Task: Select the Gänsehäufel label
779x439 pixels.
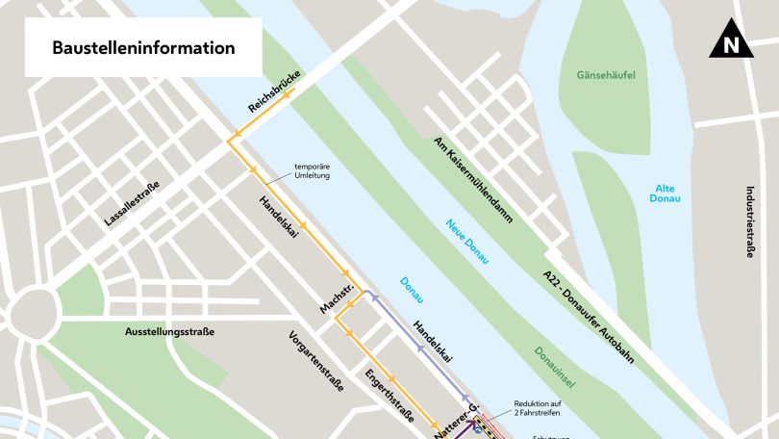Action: coord(607,75)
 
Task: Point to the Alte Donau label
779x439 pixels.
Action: coord(666,194)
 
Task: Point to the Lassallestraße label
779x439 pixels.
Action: coord(135,208)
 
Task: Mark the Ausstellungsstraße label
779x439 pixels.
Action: coord(169,332)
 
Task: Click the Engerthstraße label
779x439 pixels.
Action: coord(389,396)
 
